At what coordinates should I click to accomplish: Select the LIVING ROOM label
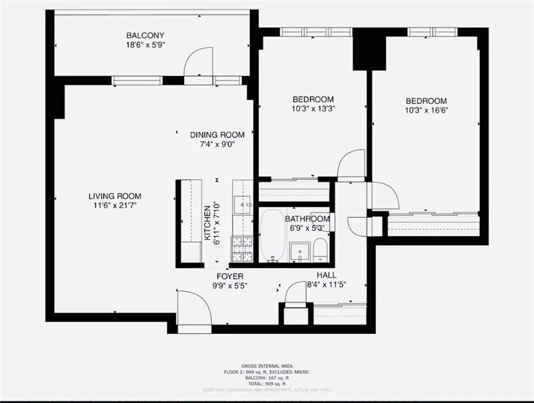point(115,196)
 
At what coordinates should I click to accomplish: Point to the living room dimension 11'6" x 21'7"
point(115,206)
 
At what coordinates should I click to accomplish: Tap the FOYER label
point(230,276)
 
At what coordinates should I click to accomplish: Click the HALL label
point(326,275)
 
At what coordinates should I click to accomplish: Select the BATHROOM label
point(308,219)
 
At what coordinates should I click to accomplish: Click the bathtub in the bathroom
point(273,235)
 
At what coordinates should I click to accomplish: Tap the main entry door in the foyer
point(194,310)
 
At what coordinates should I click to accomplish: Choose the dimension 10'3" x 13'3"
point(313,109)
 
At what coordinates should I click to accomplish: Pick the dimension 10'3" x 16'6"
point(426,110)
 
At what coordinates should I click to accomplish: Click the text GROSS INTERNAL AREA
point(267,366)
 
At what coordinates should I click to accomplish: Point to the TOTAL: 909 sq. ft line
point(267,384)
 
